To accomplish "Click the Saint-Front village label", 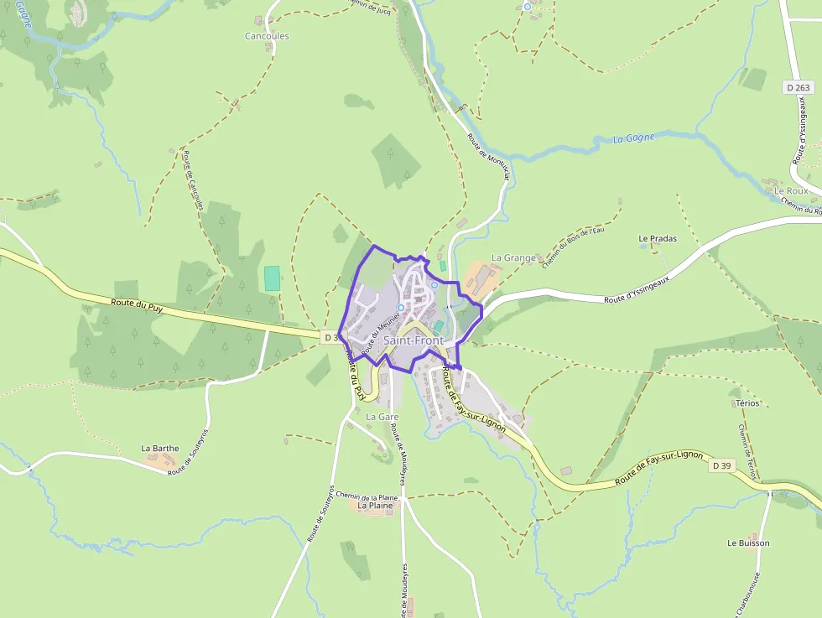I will pyautogui.click(x=413, y=341).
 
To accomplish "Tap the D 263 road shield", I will pyautogui.click(x=800, y=87).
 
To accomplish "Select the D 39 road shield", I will pyautogui.click(x=721, y=465).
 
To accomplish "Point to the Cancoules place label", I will pyautogui.click(x=267, y=36).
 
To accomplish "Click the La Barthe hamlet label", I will pyautogui.click(x=160, y=448).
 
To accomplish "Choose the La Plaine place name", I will pyautogui.click(x=375, y=506).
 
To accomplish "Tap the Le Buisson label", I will pyautogui.click(x=748, y=543).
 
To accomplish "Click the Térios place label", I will pyautogui.click(x=747, y=403).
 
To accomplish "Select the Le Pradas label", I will pyautogui.click(x=658, y=238).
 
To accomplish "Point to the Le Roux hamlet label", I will pyautogui.click(x=791, y=190).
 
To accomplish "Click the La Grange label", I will pyautogui.click(x=513, y=257).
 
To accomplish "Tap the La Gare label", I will pyautogui.click(x=382, y=417).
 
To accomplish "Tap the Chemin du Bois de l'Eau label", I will pyautogui.click(x=573, y=247).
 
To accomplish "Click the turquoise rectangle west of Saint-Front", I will pyautogui.click(x=272, y=278).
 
